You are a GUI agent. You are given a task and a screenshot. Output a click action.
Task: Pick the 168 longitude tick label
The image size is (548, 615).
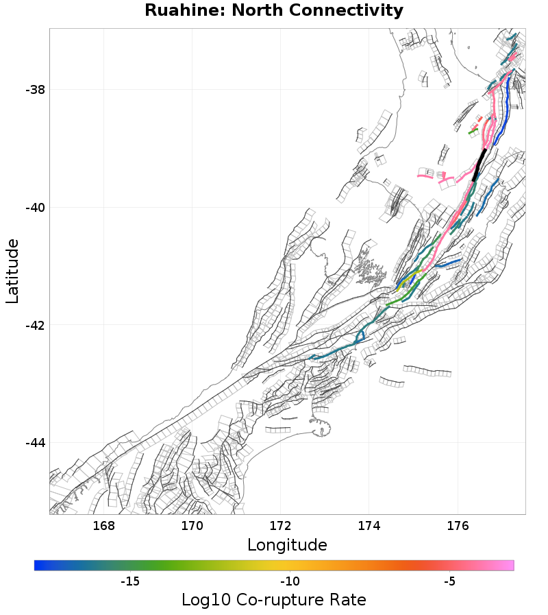coord(103,526)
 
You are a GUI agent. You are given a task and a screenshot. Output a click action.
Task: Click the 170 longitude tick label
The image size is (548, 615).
coord(192,526)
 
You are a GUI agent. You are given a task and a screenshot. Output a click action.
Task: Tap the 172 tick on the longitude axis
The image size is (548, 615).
coord(280,526)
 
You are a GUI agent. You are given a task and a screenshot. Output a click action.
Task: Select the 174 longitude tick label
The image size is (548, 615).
coord(369,526)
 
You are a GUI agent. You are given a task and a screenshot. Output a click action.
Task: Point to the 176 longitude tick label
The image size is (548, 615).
coord(457,526)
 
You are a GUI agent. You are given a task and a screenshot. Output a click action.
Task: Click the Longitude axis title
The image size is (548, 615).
coord(287,545)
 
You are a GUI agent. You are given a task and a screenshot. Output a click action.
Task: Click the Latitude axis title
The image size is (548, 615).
coord(12,271)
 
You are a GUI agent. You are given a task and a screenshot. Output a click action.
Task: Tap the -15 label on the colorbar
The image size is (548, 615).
coord(130,582)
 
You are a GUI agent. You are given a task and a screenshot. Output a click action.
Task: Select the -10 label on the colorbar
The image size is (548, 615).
coord(289,582)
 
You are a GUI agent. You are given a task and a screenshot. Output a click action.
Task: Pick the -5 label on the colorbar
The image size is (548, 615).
coord(449,582)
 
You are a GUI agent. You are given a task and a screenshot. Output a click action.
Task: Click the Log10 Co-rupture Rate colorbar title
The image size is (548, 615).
coord(274,600)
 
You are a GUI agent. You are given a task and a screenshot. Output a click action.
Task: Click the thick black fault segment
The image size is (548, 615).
coord(480,164)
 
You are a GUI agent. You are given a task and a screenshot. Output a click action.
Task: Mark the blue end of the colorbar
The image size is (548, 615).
coord(38,565)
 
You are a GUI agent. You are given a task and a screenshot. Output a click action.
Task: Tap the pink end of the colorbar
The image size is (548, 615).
coord(510,565)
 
